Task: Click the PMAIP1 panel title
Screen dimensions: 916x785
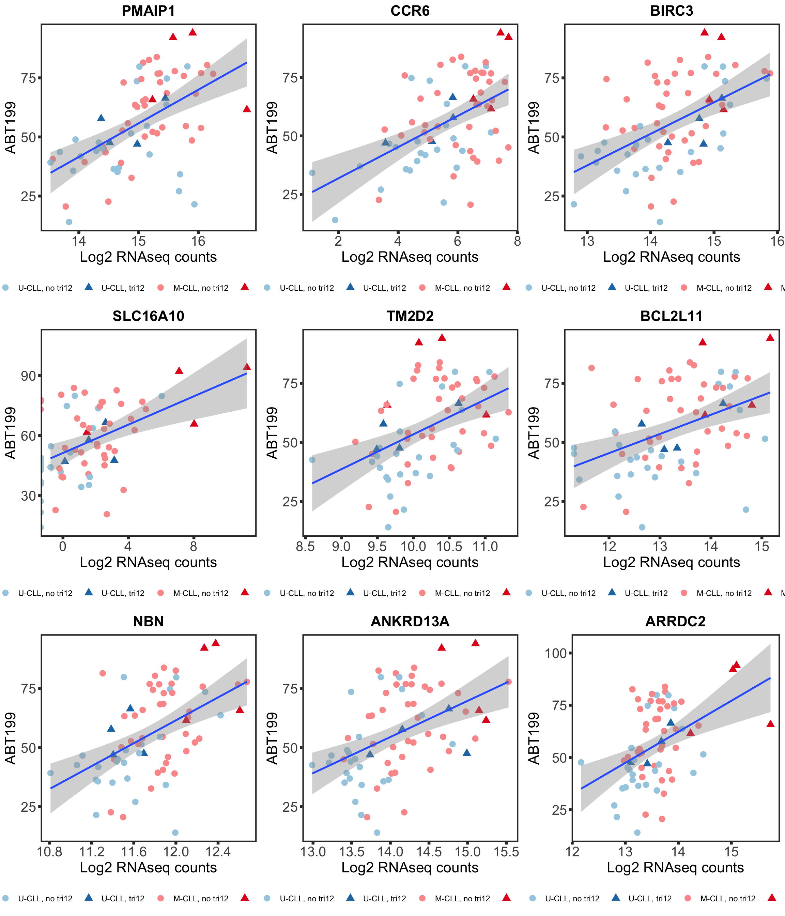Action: (148, 11)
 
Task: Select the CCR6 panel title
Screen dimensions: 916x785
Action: (410, 11)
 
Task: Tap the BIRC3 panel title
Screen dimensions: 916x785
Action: (672, 11)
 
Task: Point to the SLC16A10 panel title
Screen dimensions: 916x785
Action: (148, 316)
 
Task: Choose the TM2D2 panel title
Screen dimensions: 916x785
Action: (410, 316)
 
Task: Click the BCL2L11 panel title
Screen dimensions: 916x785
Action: (672, 316)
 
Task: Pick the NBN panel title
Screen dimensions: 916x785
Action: (148, 622)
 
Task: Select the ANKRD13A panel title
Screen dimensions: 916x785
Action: (410, 622)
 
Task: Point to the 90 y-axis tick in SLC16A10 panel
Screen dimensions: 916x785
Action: (28, 376)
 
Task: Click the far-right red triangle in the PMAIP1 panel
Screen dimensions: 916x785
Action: (247, 109)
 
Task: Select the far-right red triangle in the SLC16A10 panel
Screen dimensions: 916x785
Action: (247, 366)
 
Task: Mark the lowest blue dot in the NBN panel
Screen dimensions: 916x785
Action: (175, 833)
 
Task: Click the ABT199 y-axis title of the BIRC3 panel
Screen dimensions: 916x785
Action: (534, 128)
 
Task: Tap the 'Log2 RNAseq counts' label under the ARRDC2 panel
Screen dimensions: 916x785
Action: (675, 868)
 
